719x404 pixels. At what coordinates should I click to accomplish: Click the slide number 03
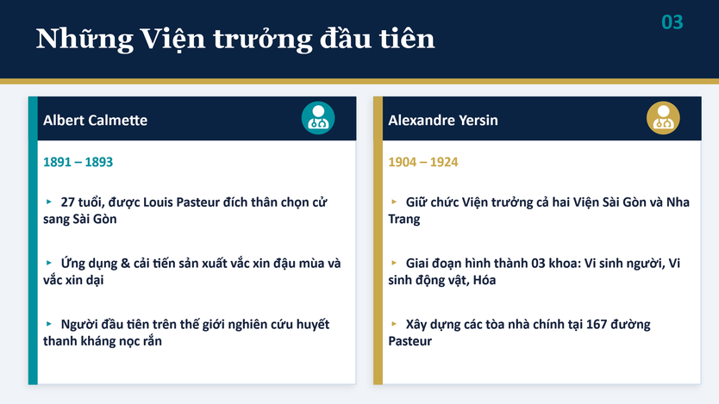[x=672, y=22]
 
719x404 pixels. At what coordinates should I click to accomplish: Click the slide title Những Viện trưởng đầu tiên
[x=235, y=39]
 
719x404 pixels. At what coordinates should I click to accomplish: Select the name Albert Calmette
[x=96, y=120]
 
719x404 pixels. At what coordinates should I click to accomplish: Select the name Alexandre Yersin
[x=443, y=120]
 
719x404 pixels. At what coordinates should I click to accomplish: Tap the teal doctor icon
[x=318, y=118]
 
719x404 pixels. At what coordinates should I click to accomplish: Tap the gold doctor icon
[x=663, y=118]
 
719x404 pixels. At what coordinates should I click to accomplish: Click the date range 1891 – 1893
[x=78, y=162]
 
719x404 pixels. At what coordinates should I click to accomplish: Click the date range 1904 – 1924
[x=422, y=162]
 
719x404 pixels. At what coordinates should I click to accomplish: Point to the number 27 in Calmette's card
[x=67, y=202]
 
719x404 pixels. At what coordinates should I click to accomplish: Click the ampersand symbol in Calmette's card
[x=125, y=264]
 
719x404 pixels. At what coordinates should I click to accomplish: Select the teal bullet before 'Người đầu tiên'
[x=49, y=324]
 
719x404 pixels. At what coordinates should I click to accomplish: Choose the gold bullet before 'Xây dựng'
[x=394, y=324]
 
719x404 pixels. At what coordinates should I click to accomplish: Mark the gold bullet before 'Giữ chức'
[x=394, y=202]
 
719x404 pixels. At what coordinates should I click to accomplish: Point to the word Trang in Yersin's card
[x=404, y=220]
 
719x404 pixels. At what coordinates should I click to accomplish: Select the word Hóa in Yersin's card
[x=485, y=280]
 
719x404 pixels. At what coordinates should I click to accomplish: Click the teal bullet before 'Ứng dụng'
[x=49, y=263]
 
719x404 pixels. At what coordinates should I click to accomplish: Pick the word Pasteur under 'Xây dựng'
[x=410, y=341]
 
